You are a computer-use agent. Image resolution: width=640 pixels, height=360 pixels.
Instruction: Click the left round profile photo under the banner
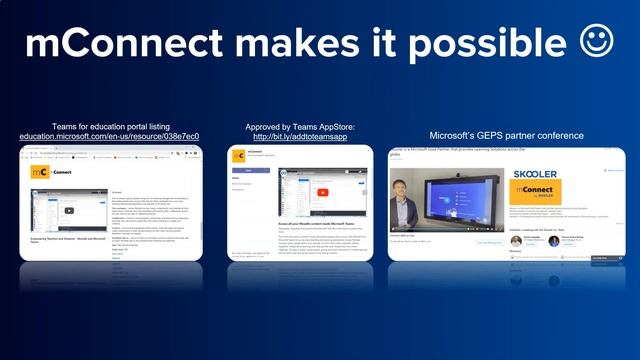tap(516, 241)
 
